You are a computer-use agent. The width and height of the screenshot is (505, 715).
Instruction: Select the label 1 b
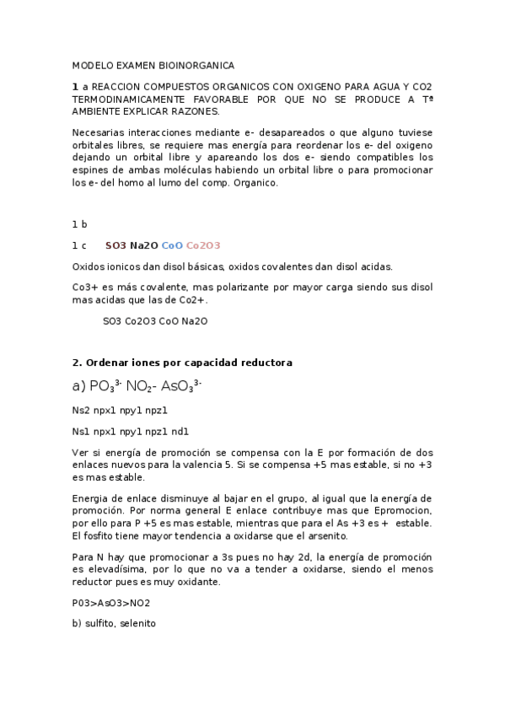click(80, 224)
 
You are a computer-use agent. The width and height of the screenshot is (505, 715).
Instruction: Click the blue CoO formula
click(171, 245)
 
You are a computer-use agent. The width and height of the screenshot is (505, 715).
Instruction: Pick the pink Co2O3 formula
click(203, 245)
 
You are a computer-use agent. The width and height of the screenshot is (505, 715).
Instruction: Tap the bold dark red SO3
click(116, 245)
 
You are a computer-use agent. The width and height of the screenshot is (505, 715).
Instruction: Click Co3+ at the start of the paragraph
click(85, 287)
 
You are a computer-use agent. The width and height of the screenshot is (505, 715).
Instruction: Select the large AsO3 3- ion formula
click(181, 387)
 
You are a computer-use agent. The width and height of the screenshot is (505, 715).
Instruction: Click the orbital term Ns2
click(81, 411)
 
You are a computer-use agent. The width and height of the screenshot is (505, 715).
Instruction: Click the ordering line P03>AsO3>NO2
click(111, 603)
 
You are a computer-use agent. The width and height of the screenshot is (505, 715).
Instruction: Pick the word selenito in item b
click(138, 624)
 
